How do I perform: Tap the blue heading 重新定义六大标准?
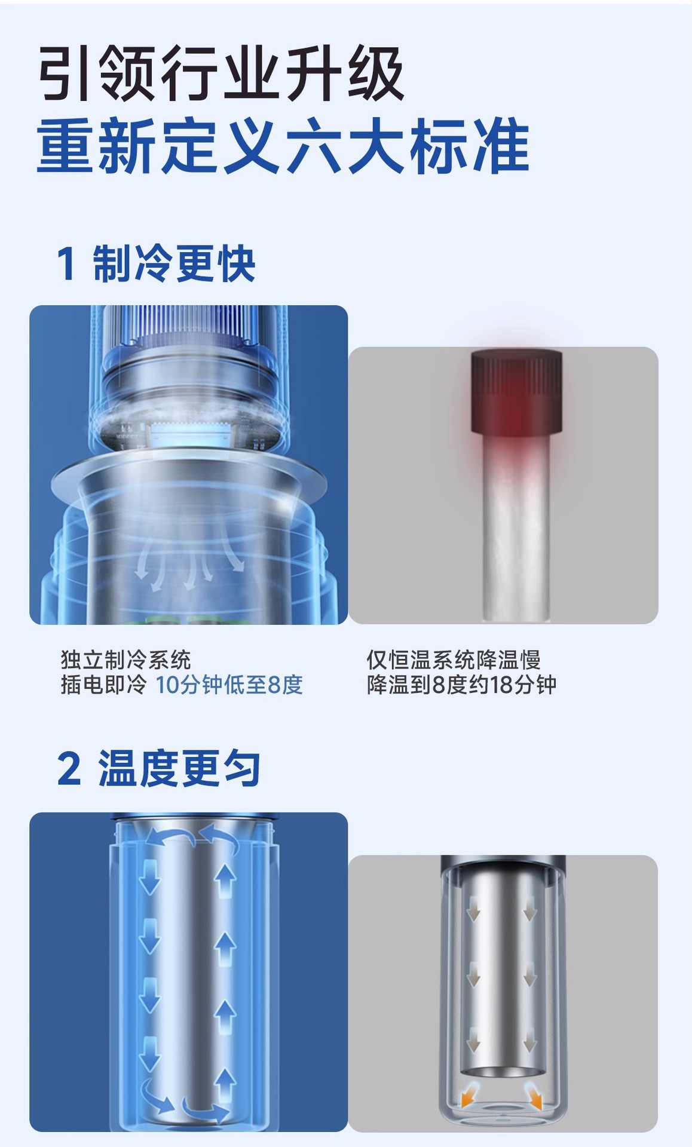[x=283, y=146]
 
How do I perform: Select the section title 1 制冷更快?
[x=156, y=263]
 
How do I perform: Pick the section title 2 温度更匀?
[x=158, y=768]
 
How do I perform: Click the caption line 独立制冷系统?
[x=125, y=660]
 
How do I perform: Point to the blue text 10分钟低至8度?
[x=229, y=685]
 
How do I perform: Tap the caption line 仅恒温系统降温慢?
[x=454, y=660]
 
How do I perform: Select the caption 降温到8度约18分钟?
[x=461, y=685]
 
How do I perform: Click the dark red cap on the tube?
[x=516, y=392]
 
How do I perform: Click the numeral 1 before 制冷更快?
[x=66, y=264]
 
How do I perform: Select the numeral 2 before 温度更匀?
[x=69, y=769]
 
